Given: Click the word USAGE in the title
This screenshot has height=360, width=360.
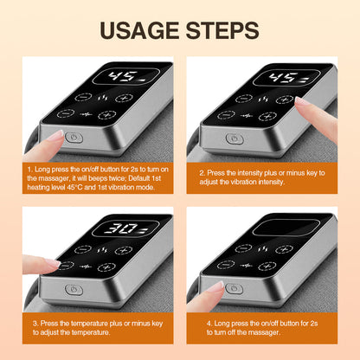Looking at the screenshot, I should click(x=137, y=30).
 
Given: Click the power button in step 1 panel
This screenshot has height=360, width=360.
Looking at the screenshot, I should click(x=73, y=137).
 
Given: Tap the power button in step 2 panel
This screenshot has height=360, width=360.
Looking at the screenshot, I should click(x=234, y=138).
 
